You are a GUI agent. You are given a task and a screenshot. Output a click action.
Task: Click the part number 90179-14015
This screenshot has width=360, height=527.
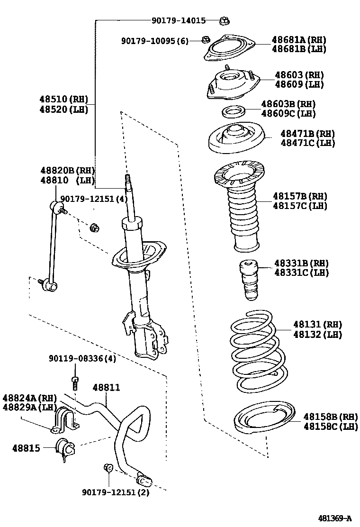(179, 20)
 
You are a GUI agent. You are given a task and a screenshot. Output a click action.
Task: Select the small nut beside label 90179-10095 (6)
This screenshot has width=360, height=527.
(205, 40)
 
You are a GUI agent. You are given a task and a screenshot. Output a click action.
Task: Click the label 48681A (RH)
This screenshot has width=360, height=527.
(298, 40)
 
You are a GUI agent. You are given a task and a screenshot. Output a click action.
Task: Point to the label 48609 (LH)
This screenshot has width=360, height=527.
(299, 85)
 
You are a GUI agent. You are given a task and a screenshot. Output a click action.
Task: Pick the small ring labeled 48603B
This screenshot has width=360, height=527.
(233, 112)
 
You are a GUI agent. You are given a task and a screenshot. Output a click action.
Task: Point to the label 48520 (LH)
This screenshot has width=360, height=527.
(63, 109)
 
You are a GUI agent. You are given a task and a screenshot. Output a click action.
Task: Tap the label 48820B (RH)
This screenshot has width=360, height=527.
(67, 171)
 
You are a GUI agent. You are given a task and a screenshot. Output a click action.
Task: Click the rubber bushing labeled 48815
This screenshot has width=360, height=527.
(64, 448)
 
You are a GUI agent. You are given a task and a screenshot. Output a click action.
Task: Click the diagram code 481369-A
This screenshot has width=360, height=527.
(334, 518)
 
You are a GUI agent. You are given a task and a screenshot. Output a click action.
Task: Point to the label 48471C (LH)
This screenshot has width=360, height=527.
(307, 143)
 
